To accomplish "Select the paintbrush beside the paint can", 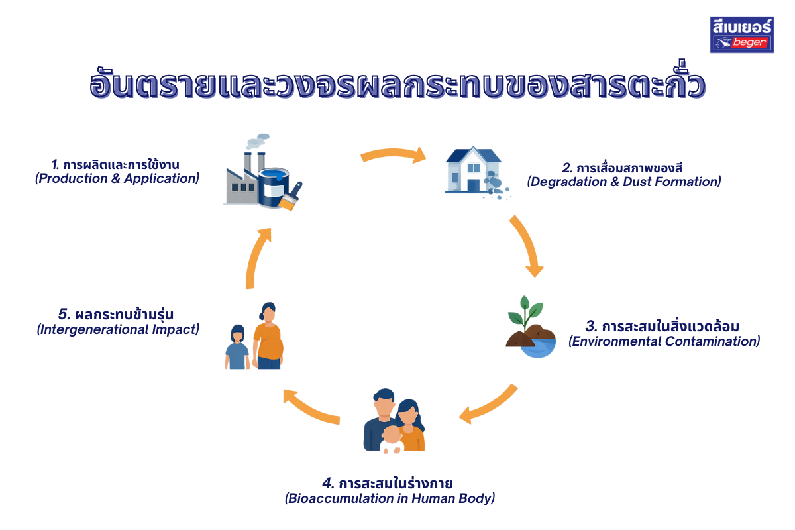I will [291, 197].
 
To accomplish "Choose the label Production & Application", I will [117, 179].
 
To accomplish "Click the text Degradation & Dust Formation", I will [623, 182].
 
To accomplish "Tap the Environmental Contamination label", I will [664, 342].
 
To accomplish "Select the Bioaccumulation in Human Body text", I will [390, 498].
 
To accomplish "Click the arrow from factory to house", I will [394, 155].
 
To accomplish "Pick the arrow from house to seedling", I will [526, 245].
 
